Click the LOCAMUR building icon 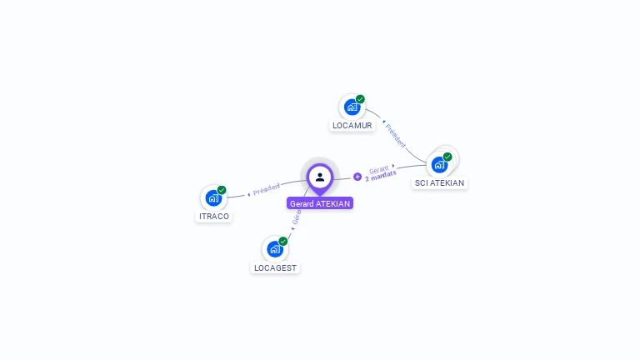click(x=352, y=107)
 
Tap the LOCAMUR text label click(x=352, y=126)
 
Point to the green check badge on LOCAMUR click(x=360, y=99)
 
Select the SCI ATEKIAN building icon click(x=439, y=164)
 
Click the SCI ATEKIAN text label click(x=439, y=182)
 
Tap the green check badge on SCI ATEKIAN click(x=447, y=157)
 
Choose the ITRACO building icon click(x=213, y=198)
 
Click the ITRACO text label click(x=214, y=217)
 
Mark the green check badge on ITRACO click(x=222, y=190)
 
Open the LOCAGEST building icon click(x=274, y=249)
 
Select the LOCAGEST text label click(x=275, y=268)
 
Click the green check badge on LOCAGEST click(x=282, y=242)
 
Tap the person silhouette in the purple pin click(x=320, y=177)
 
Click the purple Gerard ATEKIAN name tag click(x=320, y=203)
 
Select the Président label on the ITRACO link click(x=267, y=189)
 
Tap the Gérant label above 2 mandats click(x=379, y=169)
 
